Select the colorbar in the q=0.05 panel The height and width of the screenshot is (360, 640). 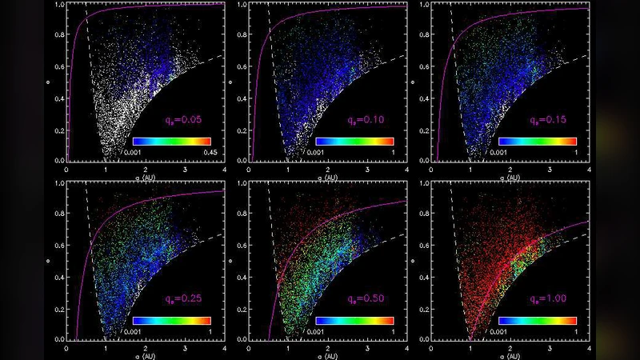pyautogui.click(x=172, y=140)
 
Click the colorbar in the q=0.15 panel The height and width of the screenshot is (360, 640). pyautogui.click(x=537, y=140)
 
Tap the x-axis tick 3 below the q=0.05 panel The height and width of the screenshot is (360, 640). pyautogui.click(x=185, y=170)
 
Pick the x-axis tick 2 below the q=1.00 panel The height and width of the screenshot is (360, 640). pyautogui.click(x=510, y=350)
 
